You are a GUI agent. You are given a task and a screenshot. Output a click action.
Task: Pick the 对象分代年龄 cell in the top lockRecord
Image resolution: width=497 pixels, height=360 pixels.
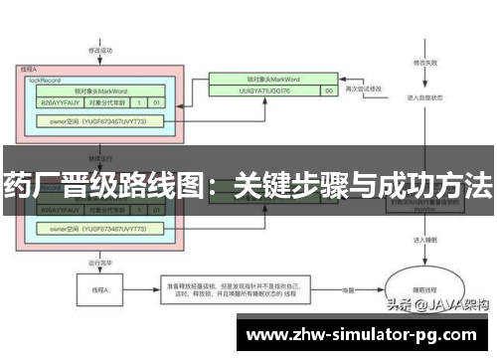click(108, 101)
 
